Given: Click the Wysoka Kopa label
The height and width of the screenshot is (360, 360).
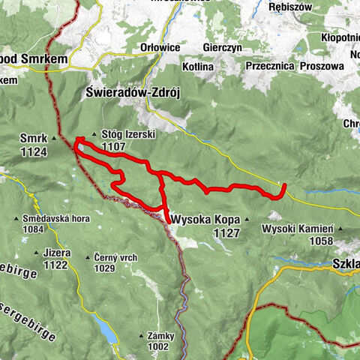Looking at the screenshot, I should (x=205, y=220).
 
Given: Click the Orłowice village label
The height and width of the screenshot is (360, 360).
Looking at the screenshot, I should (x=160, y=47).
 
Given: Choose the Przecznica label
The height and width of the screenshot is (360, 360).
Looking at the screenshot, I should (x=268, y=65).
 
